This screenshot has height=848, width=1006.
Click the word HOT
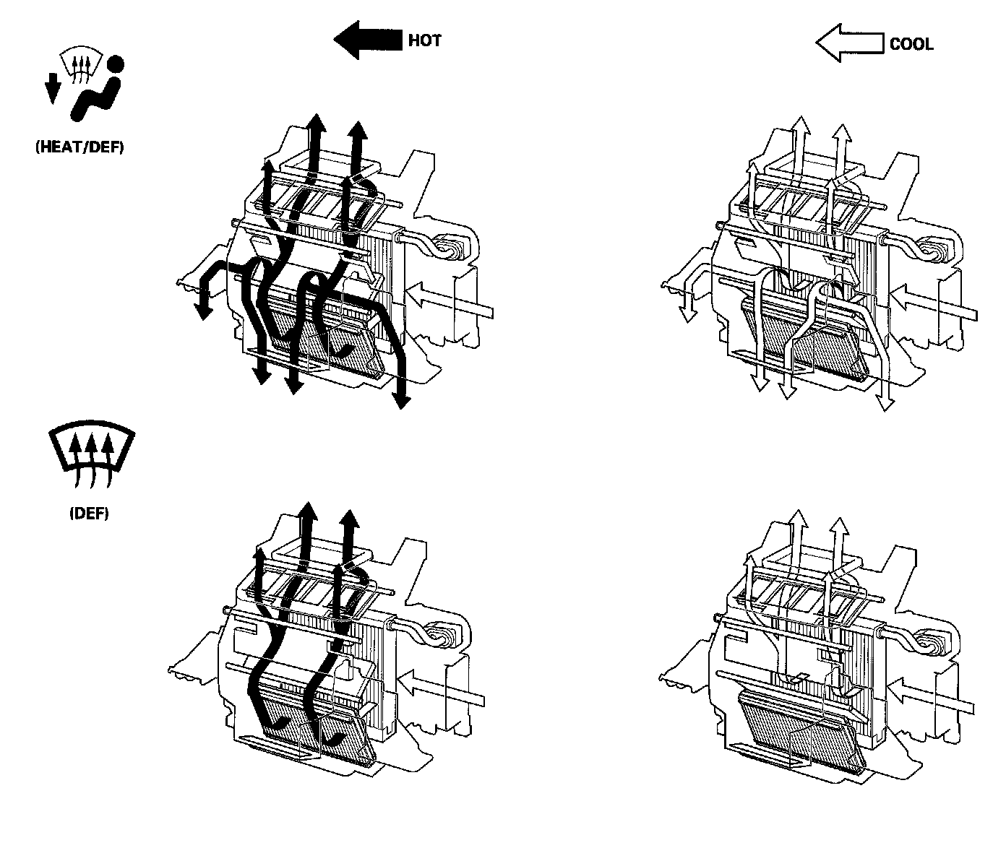click(x=424, y=40)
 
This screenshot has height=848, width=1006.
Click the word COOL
click(x=911, y=44)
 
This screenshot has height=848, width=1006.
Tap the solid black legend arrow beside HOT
click(x=368, y=40)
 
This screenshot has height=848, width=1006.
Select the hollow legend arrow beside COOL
click(x=849, y=43)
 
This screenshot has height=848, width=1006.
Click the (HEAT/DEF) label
click(x=79, y=147)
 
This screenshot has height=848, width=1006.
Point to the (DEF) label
click(x=89, y=514)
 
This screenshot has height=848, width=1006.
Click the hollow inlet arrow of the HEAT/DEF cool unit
click(x=932, y=303)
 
